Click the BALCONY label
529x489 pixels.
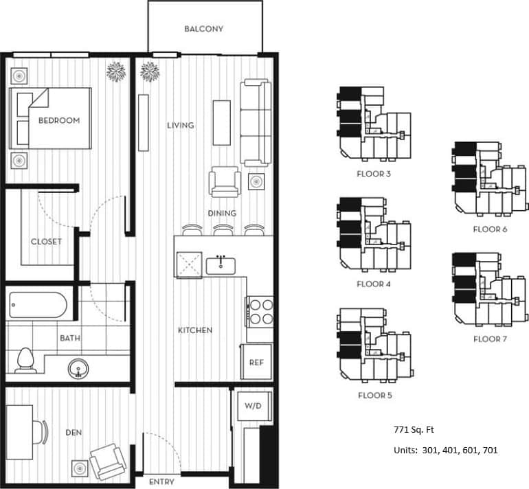tap(204, 29)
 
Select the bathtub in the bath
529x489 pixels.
tap(38, 305)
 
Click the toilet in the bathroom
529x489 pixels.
tap(25, 359)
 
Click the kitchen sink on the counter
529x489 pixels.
tap(221, 264)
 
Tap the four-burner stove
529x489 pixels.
tap(260, 310)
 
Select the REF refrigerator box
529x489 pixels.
tap(256, 362)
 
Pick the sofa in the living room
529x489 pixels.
tap(254, 122)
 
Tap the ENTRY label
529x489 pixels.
tap(161, 481)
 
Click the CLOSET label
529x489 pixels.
tap(46, 242)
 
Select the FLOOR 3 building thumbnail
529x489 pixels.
tap(372, 127)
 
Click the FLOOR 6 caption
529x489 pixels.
tap(490, 229)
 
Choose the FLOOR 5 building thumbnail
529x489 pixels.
tap(374, 348)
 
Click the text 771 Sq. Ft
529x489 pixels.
tap(414, 430)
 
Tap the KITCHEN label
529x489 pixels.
tap(195, 330)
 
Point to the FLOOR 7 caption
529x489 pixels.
tap(491, 339)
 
